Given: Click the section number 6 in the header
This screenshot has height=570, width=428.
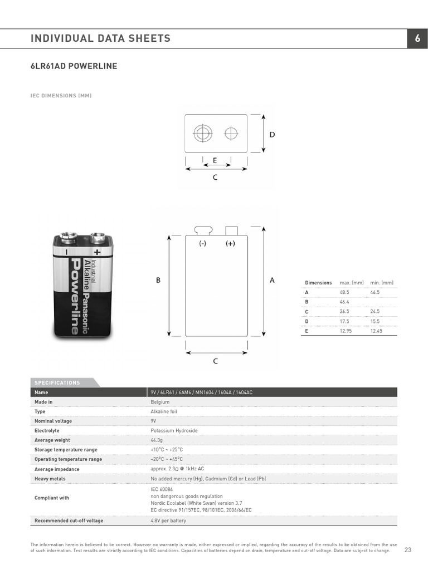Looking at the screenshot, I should click(x=417, y=38).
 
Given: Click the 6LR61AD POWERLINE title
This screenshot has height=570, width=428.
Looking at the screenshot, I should click(x=74, y=66).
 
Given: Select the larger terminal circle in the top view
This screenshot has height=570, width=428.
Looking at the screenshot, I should click(x=203, y=134).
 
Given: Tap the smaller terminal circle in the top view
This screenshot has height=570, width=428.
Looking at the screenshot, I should click(x=231, y=134).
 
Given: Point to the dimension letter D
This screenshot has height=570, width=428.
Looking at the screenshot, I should click(x=272, y=135).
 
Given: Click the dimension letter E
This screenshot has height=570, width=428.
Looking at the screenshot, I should click(x=215, y=160).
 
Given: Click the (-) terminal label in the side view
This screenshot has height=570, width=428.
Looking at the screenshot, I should click(x=203, y=244).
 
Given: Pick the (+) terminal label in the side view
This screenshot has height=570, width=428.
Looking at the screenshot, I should click(x=230, y=244).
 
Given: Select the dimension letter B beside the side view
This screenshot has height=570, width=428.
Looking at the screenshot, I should click(x=158, y=281).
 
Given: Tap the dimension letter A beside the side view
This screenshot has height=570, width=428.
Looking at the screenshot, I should click(x=272, y=281).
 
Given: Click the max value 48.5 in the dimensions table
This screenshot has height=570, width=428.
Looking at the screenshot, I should click(x=344, y=292).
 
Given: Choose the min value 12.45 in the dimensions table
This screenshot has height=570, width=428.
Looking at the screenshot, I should click(x=377, y=331).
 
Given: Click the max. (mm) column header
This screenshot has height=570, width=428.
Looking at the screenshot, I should click(x=352, y=283).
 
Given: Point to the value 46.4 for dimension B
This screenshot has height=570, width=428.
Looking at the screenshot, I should click(x=344, y=302).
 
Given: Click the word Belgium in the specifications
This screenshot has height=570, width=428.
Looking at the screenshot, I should click(x=160, y=401).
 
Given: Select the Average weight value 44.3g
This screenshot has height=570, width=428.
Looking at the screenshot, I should click(x=157, y=440).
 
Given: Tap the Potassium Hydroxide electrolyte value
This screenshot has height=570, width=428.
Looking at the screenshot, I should click(x=174, y=430).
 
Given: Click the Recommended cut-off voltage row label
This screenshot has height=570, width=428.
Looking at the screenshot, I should click(x=69, y=520).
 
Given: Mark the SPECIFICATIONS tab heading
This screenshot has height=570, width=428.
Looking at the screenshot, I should click(x=57, y=382).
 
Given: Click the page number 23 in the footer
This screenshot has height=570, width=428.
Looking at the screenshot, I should click(x=407, y=550).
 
